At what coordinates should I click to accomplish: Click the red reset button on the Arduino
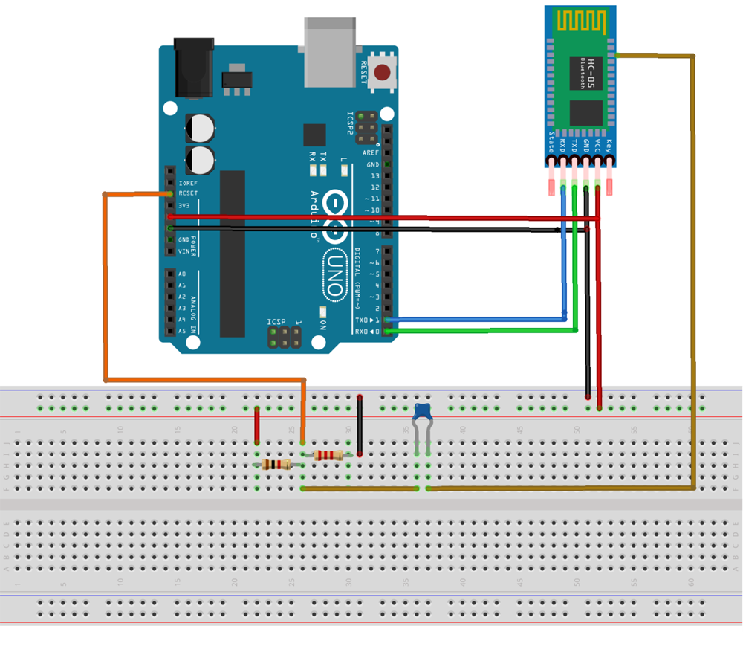click(383, 73)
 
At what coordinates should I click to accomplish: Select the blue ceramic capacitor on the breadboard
click(423, 411)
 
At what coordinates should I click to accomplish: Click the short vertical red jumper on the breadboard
click(257, 425)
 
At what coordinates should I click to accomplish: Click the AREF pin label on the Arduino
click(371, 152)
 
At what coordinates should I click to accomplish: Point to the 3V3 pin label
click(184, 204)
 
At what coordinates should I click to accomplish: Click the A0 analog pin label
click(182, 274)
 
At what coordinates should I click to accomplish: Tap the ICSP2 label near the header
click(350, 123)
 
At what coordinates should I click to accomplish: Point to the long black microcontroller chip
click(233, 253)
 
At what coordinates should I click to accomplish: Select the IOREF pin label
click(187, 182)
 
